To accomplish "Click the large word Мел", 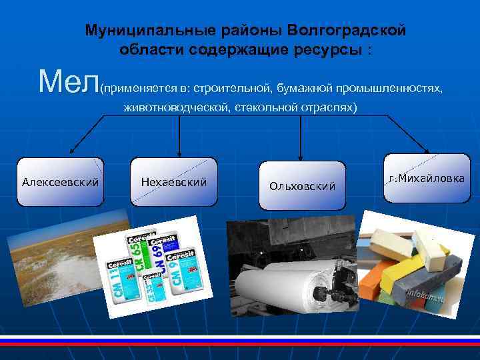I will point(69,81).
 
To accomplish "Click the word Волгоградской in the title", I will point(346,31).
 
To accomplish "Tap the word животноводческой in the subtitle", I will point(176,107).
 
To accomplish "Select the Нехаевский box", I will point(174,181).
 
